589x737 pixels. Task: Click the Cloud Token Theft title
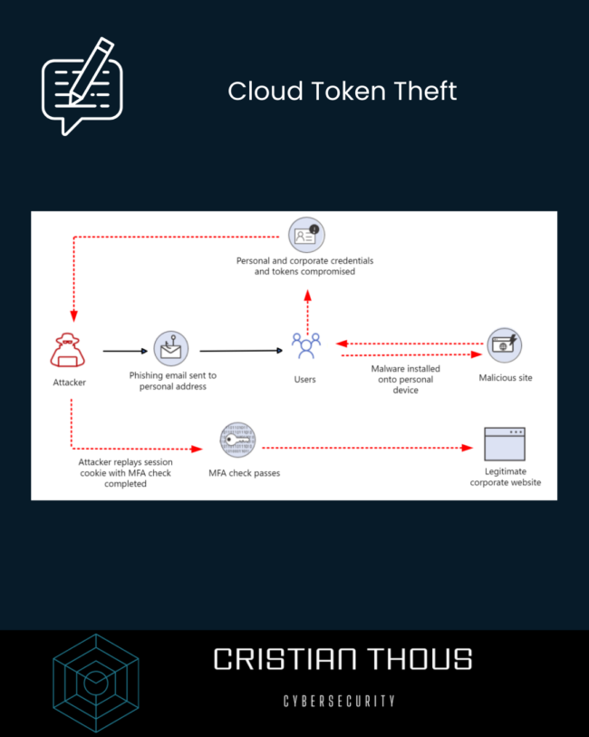(343, 92)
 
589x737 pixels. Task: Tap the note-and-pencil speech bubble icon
(82, 85)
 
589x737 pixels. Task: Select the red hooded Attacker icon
(70, 351)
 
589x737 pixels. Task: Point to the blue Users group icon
(305, 346)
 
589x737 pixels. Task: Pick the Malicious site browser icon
(505, 344)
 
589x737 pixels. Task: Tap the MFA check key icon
(237, 441)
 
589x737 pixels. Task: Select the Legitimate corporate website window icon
(506, 445)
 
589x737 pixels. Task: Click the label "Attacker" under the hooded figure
(70, 383)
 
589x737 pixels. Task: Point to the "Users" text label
(305, 379)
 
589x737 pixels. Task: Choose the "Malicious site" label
(506, 377)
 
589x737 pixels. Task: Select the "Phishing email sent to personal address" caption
(172, 381)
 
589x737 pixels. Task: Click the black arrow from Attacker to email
(125, 350)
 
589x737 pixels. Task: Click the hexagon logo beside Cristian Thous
(95, 682)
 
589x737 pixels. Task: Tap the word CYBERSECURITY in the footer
(339, 701)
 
